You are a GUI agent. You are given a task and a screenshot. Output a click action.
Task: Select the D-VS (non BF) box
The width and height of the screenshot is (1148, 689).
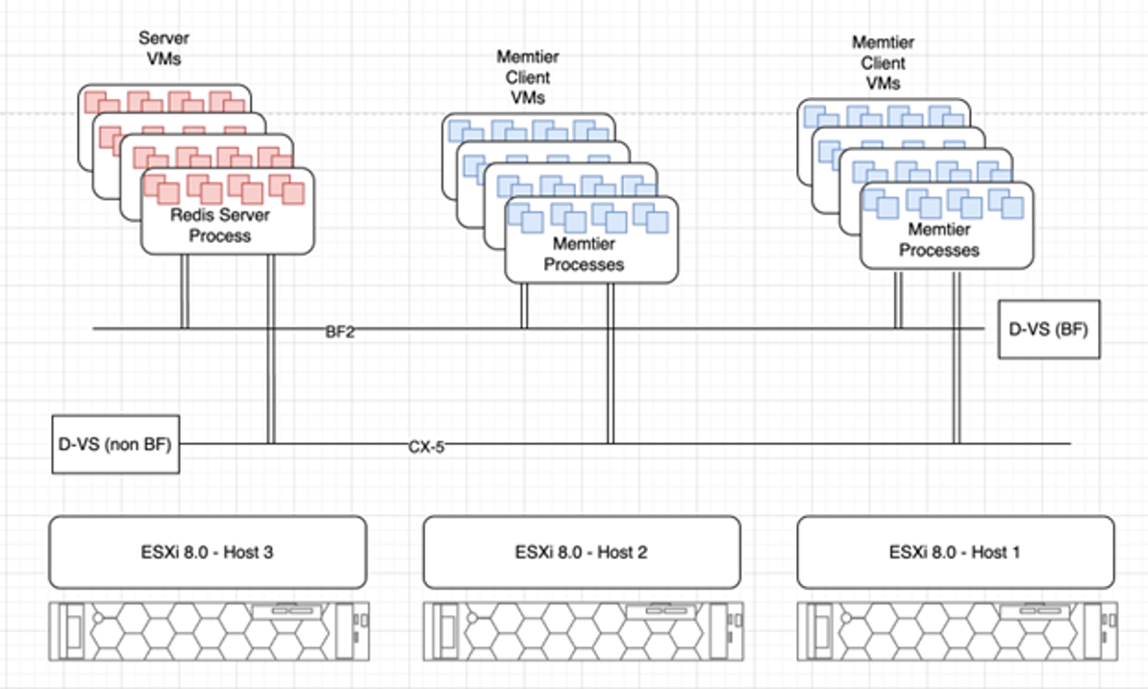(x=115, y=445)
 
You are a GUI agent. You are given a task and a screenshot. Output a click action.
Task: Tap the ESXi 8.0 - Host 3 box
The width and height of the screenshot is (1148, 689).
(x=207, y=552)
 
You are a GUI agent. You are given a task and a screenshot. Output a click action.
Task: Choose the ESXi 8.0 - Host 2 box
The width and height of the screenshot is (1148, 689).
(x=581, y=552)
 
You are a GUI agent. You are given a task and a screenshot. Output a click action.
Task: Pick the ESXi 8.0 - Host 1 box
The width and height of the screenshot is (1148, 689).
(x=955, y=552)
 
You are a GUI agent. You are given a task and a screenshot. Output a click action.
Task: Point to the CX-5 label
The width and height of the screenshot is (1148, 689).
(x=426, y=446)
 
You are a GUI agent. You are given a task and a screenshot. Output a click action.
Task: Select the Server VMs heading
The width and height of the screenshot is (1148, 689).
(x=164, y=48)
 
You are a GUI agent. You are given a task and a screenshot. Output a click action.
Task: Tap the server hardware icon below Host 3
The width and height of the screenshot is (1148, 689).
(x=209, y=631)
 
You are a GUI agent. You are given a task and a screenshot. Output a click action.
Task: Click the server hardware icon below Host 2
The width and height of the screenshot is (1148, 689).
(x=583, y=631)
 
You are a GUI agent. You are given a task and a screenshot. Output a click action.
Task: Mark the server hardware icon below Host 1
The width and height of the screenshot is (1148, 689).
(x=957, y=631)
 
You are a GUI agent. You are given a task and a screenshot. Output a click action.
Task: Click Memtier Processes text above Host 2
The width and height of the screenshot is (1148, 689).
(x=584, y=255)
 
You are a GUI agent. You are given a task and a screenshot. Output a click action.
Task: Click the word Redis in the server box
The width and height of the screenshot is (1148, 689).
(x=189, y=215)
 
